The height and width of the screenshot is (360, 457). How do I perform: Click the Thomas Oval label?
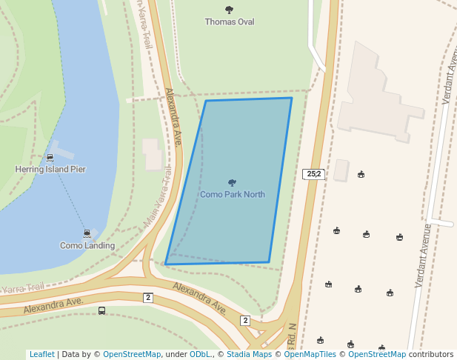click(x=230, y=22)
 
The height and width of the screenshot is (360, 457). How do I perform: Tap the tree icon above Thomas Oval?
click(x=229, y=10)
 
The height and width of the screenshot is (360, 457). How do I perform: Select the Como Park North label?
click(x=233, y=195)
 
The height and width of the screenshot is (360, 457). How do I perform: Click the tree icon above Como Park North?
click(x=232, y=182)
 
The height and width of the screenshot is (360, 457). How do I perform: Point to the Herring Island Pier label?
click(x=50, y=170)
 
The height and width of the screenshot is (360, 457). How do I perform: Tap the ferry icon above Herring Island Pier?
click(x=50, y=157)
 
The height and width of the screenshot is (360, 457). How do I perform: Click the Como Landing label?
click(x=87, y=245)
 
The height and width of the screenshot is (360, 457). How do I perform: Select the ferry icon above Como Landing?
click(x=87, y=233)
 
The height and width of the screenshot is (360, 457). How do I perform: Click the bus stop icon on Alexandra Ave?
click(x=101, y=311)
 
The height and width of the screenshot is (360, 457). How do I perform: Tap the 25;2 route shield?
click(x=313, y=174)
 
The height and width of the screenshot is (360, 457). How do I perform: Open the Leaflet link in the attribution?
click(x=41, y=355)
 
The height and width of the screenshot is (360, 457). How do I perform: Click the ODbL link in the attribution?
click(x=200, y=355)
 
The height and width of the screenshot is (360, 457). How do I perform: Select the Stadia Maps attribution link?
click(x=249, y=355)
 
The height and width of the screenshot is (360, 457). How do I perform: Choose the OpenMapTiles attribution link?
click(x=306, y=355)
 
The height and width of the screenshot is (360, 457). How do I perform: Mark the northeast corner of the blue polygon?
click(x=291, y=98)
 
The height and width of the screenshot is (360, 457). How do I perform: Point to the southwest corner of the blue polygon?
click(x=165, y=264)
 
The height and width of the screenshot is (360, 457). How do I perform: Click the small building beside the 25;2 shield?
click(x=341, y=170)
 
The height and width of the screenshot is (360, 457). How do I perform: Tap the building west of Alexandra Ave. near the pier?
click(x=153, y=155)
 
